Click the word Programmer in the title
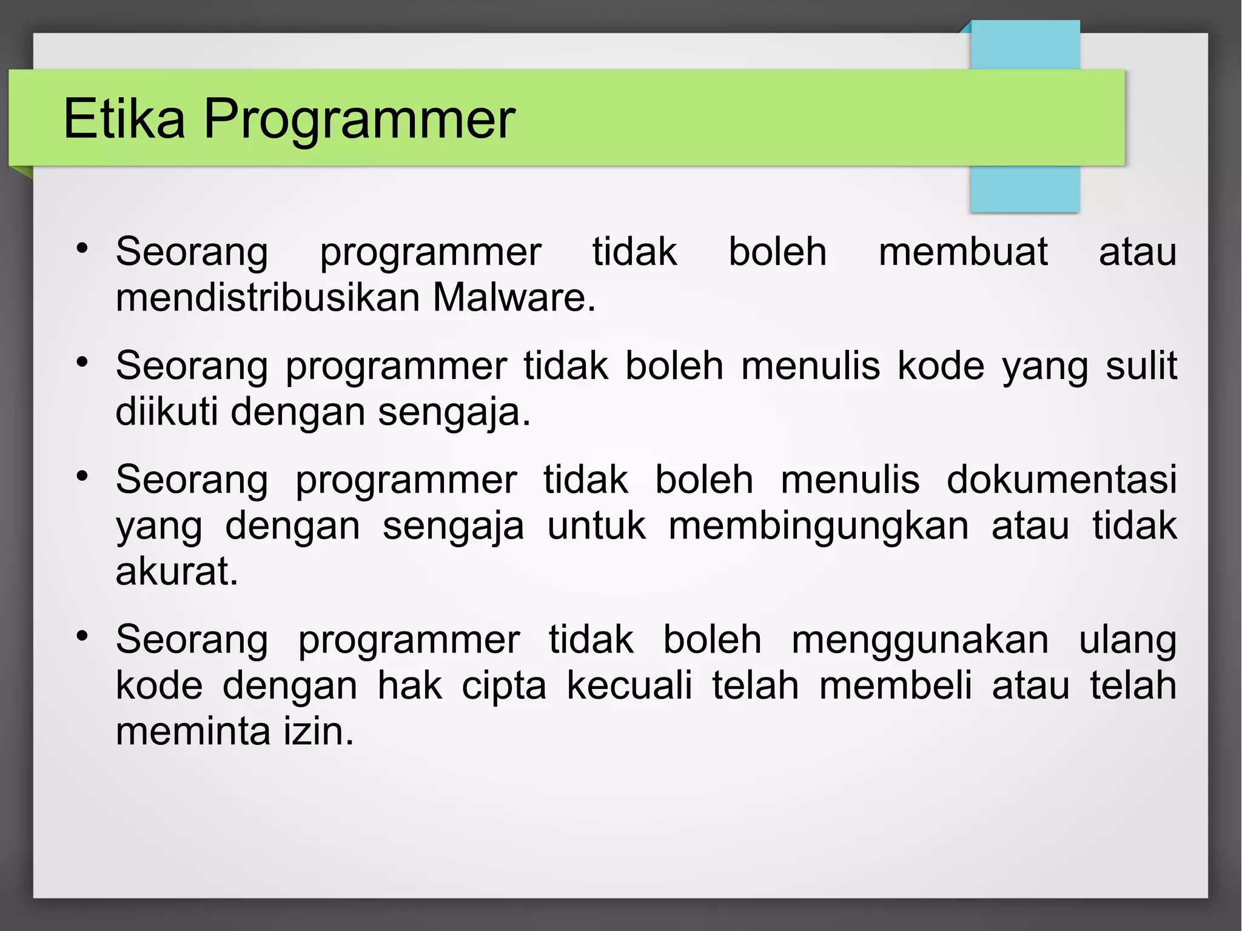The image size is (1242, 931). tap(358, 119)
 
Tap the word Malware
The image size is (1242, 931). tap(514, 298)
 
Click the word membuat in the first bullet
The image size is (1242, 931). tap(962, 252)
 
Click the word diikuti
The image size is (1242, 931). tap(166, 412)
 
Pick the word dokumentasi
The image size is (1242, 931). tap(1061, 479)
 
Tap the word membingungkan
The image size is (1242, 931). tap(818, 525)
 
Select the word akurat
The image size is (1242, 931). tap(176, 571)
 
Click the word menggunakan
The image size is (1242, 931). tap(919, 639)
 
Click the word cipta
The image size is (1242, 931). tap(503, 686)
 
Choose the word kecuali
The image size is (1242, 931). tap(629, 685)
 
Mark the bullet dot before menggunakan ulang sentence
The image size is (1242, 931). tap(82, 636)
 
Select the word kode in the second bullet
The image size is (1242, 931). tap(941, 366)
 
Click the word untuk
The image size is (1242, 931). tap(596, 525)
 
